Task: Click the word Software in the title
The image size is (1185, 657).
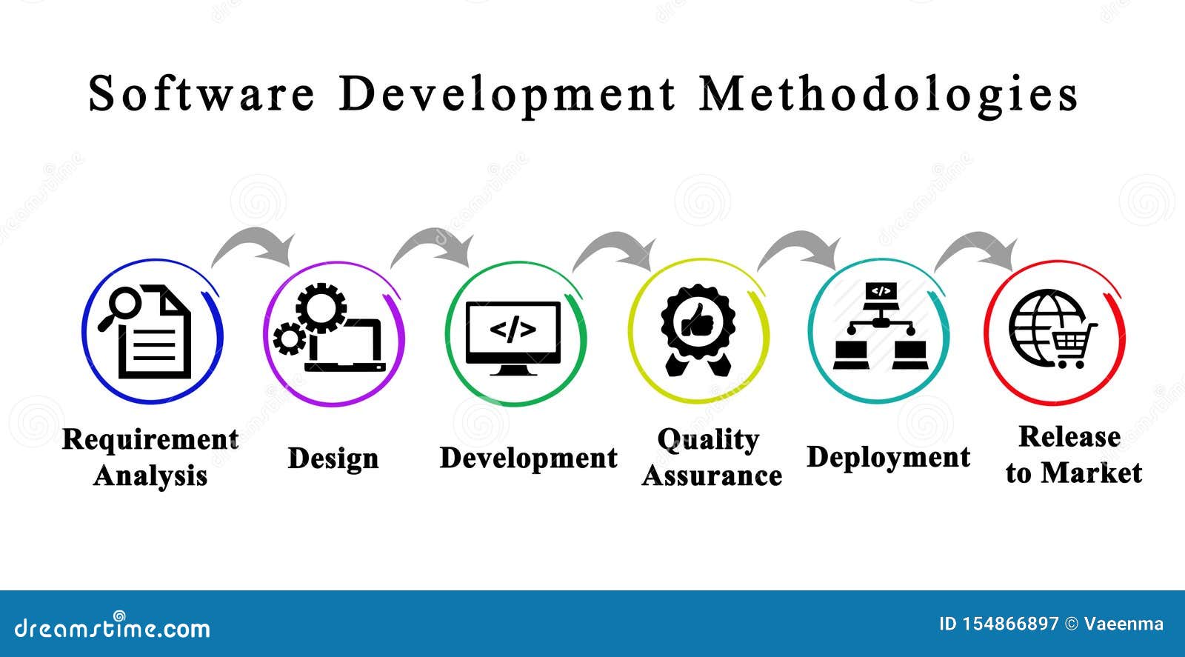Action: click(201, 93)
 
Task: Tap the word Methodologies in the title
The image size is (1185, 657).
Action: click(888, 96)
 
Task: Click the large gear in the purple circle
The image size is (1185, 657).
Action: click(321, 307)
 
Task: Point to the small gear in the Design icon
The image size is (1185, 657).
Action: click(290, 338)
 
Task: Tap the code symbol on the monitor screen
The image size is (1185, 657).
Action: click(513, 330)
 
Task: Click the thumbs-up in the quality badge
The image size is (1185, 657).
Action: click(697, 320)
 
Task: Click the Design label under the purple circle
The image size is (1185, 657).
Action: click(333, 458)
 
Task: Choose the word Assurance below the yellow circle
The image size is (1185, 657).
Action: click(712, 476)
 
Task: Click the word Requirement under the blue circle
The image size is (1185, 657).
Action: click(150, 440)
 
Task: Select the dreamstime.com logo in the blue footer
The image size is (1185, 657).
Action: click(112, 627)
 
